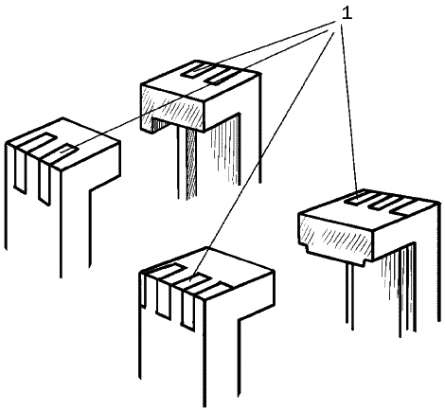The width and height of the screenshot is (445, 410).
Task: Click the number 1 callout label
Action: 347,13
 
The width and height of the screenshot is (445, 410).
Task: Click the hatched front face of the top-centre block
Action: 173,107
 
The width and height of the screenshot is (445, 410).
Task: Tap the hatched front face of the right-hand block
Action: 336,235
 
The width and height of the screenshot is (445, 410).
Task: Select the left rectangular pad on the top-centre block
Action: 198,71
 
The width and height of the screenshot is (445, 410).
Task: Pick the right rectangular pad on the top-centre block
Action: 222,76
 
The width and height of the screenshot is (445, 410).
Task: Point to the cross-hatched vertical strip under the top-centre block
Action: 190,164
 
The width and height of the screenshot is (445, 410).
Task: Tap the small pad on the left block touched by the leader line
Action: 64,152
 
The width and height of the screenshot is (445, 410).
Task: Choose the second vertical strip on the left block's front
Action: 44,181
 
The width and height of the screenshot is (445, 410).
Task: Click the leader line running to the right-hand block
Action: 349,108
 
